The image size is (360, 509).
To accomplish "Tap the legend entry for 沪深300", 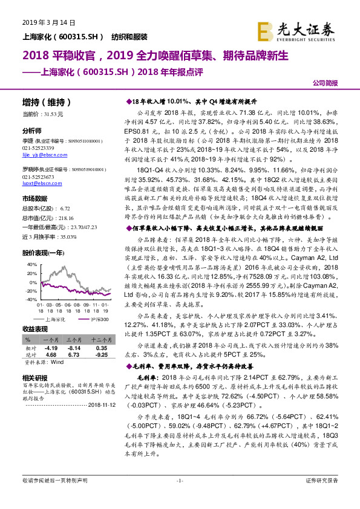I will [x=97, y=317].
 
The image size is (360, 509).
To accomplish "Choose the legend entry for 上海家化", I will [x=56, y=317].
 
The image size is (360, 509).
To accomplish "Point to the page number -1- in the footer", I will [x=179, y=497].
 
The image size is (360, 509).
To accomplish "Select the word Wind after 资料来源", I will [x=57, y=362].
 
